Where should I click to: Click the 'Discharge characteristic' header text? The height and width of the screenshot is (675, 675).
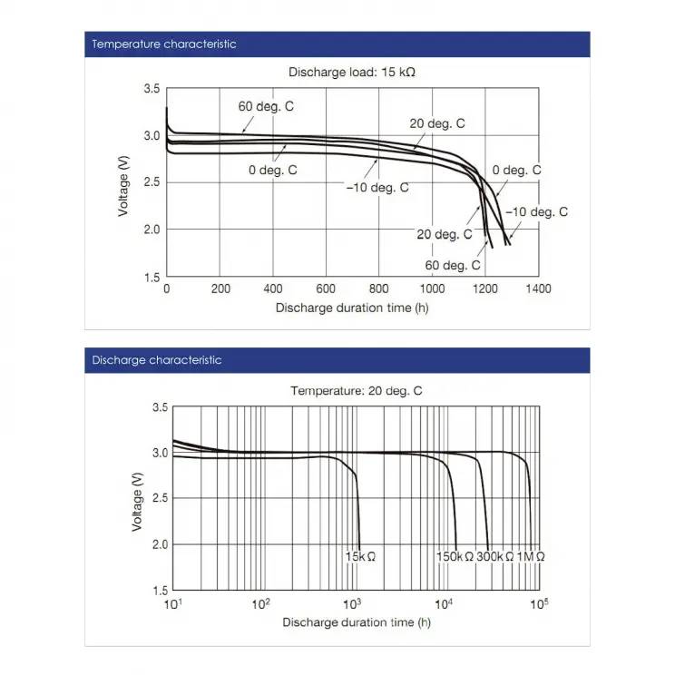click(157, 360)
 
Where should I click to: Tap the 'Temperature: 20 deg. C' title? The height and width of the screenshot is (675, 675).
click(356, 391)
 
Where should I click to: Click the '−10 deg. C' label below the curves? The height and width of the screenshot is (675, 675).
click(377, 188)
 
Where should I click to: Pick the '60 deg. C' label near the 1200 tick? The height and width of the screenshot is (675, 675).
click(452, 265)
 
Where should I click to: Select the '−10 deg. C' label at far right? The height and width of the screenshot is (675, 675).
click(536, 212)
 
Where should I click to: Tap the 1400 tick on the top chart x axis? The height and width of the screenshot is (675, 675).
click(539, 289)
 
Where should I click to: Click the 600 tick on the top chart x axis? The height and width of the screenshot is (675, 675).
click(326, 289)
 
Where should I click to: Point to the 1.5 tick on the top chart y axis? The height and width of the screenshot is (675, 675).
click(152, 277)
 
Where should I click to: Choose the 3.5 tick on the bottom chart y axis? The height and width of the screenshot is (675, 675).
click(159, 408)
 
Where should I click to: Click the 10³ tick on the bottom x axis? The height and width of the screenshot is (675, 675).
click(353, 603)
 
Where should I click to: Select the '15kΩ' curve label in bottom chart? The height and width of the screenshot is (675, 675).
click(360, 556)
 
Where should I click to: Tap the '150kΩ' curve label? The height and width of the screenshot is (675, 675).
click(455, 556)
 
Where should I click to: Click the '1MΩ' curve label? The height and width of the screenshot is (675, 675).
click(532, 556)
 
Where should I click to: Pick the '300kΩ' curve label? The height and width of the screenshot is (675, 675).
click(495, 556)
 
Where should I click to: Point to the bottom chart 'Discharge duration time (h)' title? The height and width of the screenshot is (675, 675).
click(356, 622)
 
